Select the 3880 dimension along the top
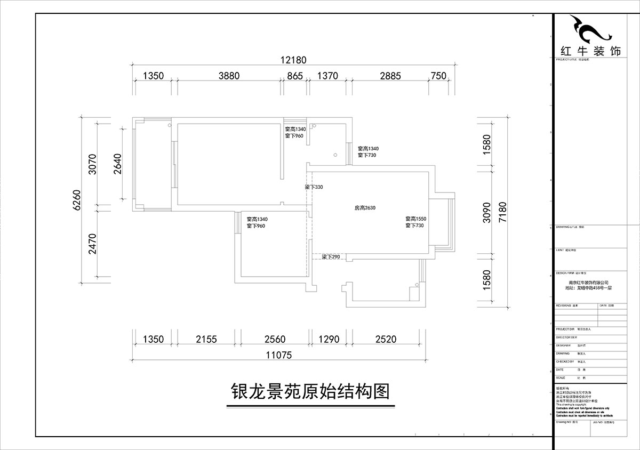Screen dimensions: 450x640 click(229, 76)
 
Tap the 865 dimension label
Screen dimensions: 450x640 click(295, 76)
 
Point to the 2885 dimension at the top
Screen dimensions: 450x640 click(390, 76)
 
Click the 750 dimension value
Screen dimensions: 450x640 click(438, 76)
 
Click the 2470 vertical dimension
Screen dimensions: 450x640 click(92, 243)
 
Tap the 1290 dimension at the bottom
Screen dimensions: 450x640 click(329, 339)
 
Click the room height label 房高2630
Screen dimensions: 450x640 click(366, 208)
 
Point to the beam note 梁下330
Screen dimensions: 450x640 click(314, 188)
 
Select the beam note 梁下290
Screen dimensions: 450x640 click(331, 258)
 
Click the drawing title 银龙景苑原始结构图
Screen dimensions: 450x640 click(310, 392)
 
